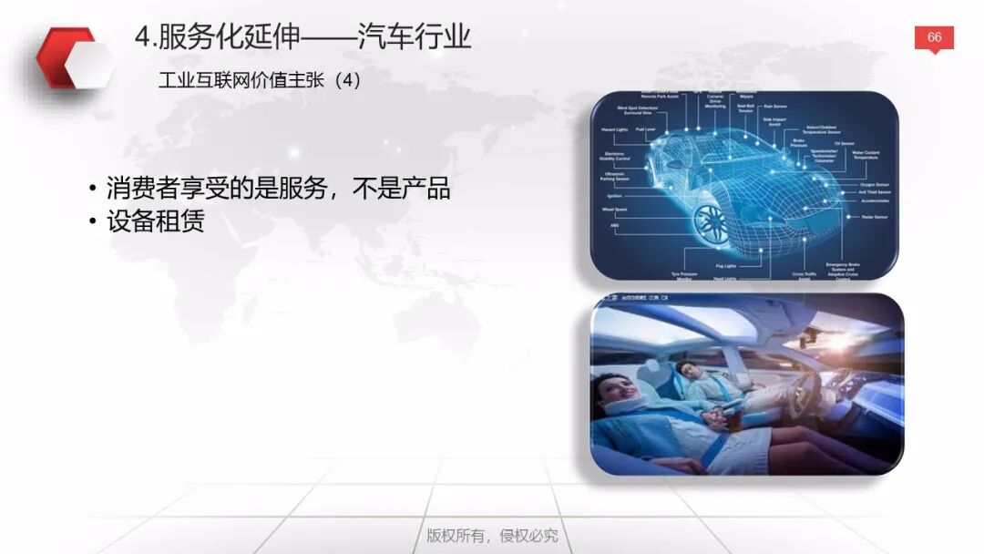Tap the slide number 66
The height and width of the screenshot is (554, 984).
[934, 37]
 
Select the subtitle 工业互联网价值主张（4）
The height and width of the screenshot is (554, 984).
[260, 80]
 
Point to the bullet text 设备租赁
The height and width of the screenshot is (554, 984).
[155, 221]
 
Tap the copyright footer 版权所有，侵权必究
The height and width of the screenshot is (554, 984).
[492, 535]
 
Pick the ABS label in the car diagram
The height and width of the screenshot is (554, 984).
[614, 225]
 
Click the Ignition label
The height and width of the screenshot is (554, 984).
[614, 195]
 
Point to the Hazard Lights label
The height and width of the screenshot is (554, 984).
[614, 129]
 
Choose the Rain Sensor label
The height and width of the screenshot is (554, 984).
[774, 106]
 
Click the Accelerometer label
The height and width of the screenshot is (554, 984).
[875, 201]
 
